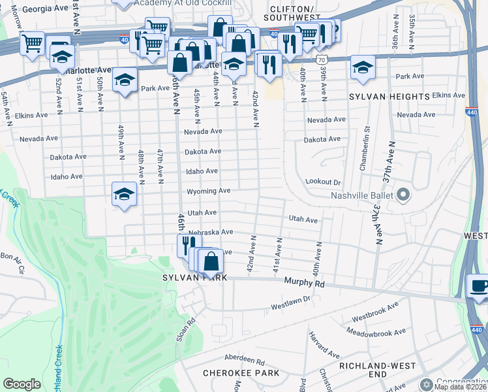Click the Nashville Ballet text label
coord(361,195)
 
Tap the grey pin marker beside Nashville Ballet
coord(403,195)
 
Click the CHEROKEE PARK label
coord(241,373)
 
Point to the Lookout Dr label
coord(323,182)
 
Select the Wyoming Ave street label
coord(208,191)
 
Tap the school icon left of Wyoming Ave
coord(124,194)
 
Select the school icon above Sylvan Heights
coord(362,67)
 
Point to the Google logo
coord(22,384)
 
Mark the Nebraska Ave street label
coord(210,232)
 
